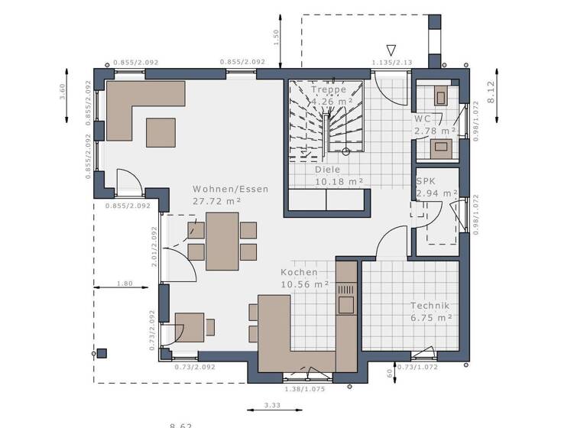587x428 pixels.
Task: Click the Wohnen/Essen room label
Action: click(x=230, y=189)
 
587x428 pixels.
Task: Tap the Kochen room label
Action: click(x=298, y=272)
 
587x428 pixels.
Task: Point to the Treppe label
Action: click(x=328, y=89)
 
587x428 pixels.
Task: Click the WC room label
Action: click(x=423, y=119)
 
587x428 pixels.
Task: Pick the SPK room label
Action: click(x=425, y=181)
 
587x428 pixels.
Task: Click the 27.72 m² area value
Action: click(x=217, y=200)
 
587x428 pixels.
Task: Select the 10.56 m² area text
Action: click(x=304, y=284)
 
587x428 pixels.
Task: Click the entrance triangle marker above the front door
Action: click(x=391, y=50)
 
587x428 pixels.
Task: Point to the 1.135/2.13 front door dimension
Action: click(x=391, y=63)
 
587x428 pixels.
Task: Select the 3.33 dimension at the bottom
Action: click(x=271, y=405)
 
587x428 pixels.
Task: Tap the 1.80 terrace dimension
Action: click(x=125, y=284)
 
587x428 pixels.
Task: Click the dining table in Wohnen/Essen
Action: click(x=222, y=241)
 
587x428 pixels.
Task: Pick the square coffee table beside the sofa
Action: click(x=161, y=131)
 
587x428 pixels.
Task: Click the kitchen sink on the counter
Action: click(x=345, y=304)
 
